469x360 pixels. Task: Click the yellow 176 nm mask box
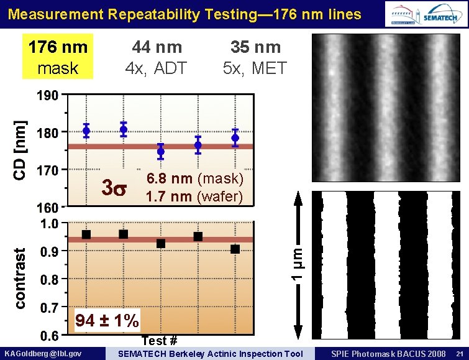57,57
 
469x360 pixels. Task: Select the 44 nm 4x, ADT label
157,57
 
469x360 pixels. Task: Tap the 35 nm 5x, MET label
255,57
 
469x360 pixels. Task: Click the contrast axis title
20,279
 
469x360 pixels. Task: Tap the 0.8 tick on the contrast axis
51,280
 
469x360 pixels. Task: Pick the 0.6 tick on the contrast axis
51,336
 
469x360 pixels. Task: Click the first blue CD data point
86,131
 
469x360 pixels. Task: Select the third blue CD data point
161,151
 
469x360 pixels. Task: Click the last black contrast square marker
235,249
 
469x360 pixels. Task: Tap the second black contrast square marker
124,234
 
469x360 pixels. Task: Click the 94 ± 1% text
107,321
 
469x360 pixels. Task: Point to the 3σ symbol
115,187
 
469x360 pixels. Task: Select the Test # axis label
160,341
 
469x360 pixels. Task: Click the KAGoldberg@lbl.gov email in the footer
43,354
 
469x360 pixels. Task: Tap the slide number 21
458,354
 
